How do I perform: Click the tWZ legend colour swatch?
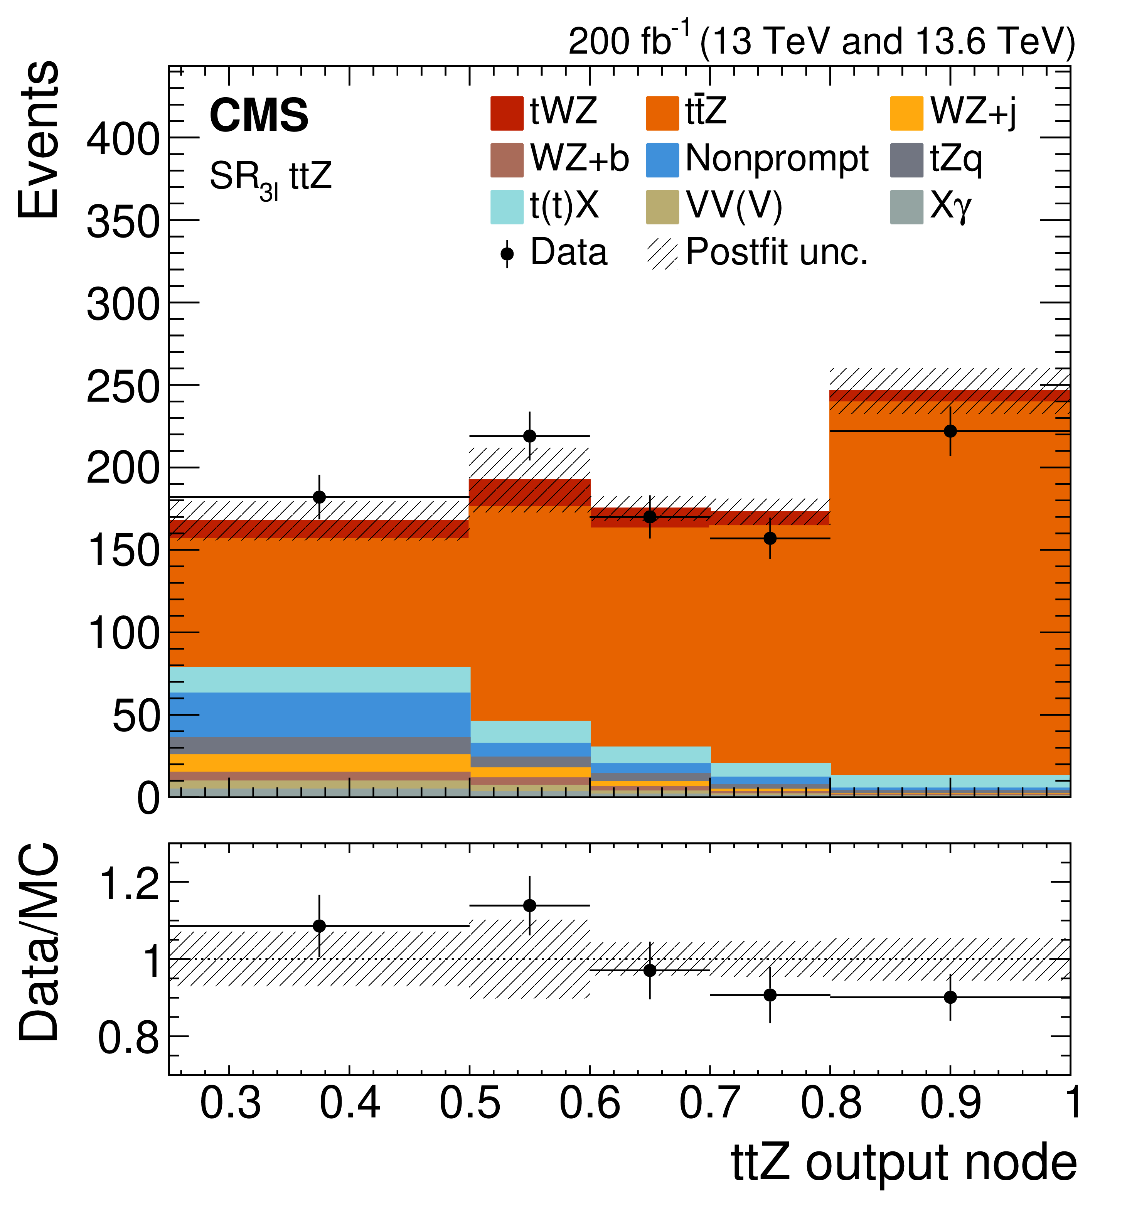point(507,113)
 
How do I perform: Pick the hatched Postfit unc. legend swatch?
point(662,254)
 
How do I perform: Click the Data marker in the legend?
point(507,254)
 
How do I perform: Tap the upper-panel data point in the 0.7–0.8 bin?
point(770,538)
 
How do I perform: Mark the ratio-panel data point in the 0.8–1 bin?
point(950,997)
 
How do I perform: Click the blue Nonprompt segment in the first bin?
point(319,714)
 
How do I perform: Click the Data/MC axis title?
point(38,942)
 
